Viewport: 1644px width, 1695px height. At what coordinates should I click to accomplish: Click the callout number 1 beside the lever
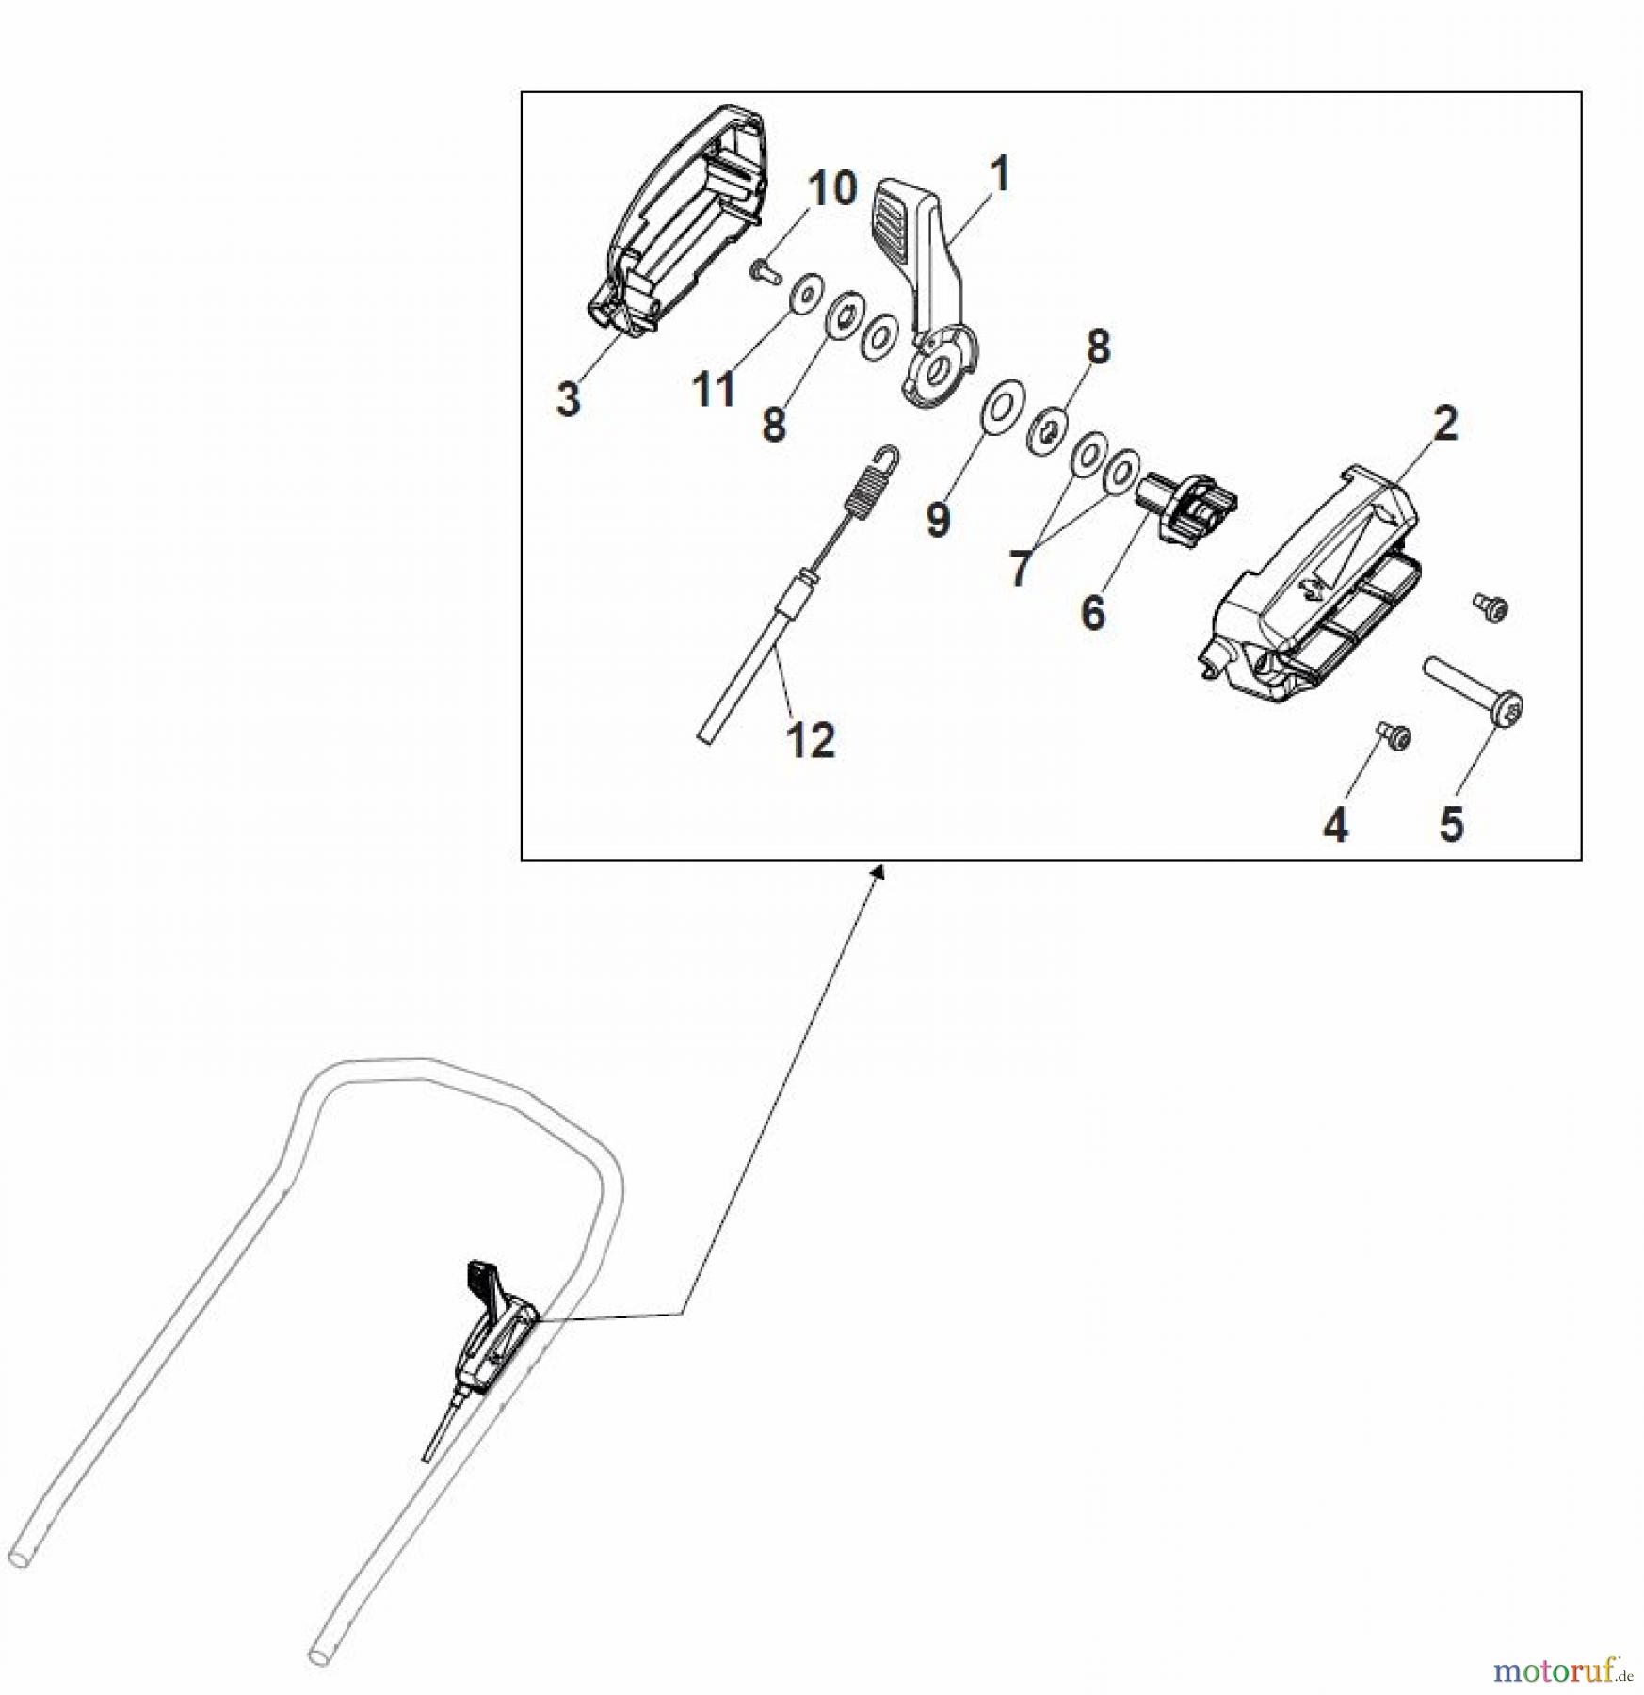coord(1000,174)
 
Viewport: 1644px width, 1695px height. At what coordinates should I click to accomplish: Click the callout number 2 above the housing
coord(1445,424)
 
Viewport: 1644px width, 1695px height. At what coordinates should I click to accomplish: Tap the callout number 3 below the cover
coord(568,399)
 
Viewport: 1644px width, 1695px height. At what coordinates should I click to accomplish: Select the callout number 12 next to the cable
coord(810,740)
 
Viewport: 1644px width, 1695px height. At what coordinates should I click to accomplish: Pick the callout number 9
coord(937,520)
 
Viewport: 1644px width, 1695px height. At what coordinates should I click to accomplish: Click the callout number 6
coord(1092,613)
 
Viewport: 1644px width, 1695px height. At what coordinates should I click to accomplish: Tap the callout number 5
coord(1451,823)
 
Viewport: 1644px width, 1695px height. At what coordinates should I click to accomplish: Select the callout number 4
coord(1335,825)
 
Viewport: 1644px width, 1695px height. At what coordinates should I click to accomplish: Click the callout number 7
coord(1019,568)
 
